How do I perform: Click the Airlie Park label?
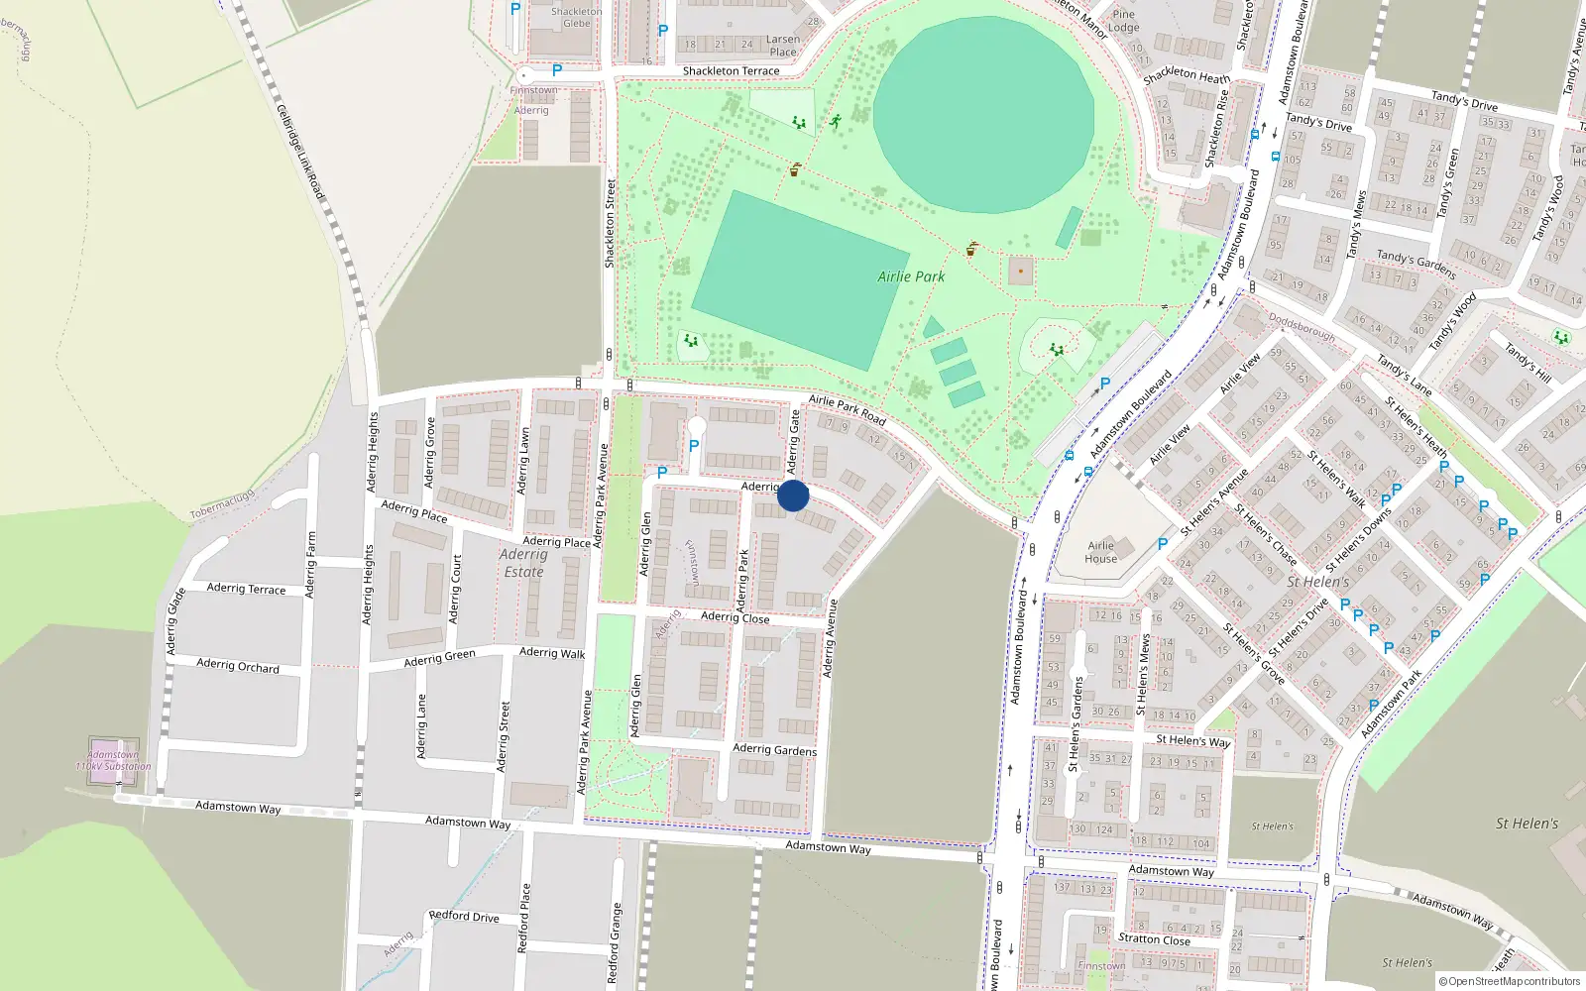(x=911, y=276)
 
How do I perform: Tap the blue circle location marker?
(x=793, y=495)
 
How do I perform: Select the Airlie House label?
(x=1100, y=552)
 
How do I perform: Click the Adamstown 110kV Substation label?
(x=113, y=760)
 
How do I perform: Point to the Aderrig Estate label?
(x=523, y=563)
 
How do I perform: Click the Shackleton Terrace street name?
(x=731, y=71)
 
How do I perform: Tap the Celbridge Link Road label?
(x=300, y=152)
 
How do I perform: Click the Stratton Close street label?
(x=1154, y=938)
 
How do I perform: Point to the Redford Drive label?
(x=464, y=916)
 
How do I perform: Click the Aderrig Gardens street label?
(x=774, y=749)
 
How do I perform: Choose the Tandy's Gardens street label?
(x=1416, y=264)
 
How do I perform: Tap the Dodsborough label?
(x=1302, y=328)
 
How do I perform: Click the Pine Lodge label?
(x=1124, y=21)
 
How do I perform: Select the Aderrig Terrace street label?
(x=246, y=589)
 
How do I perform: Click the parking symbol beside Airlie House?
(x=1163, y=544)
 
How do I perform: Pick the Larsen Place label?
(x=782, y=46)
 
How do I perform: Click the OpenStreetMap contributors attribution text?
(x=1509, y=981)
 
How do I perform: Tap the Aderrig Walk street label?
(x=552, y=652)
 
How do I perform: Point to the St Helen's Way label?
(x=1192, y=740)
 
